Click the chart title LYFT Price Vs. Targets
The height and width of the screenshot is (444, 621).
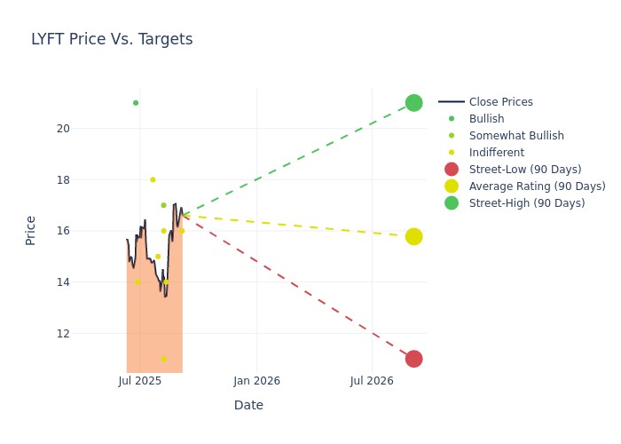click(112, 40)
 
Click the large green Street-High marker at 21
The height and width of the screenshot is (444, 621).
click(413, 103)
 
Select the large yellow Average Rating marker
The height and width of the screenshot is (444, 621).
click(413, 236)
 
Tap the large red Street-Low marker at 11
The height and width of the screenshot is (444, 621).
click(413, 359)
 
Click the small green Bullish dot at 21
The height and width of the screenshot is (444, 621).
click(136, 103)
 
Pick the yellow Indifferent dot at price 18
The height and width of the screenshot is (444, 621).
click(153, 179)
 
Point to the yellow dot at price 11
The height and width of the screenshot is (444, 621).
click(163, 359)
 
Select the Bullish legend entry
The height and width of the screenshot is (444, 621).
click(486, 119)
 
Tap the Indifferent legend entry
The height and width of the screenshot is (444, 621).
click(496, 153)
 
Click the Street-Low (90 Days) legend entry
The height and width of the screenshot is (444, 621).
click(524, 170)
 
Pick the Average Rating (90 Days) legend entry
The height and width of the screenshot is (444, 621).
click(537, 186)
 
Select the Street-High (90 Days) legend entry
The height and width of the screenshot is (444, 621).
click(526, 203)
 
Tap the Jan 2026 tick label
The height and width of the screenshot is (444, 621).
click(257, 381)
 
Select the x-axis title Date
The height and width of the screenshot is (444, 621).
click(248, 406)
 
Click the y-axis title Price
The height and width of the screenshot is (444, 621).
click(31, 230)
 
